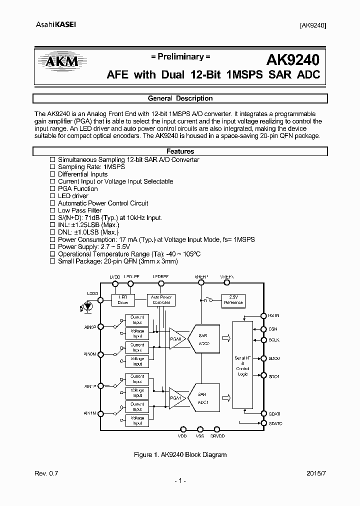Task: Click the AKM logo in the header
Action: coord(59,61)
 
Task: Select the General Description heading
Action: coord(180,98)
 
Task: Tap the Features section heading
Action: coord(180,151)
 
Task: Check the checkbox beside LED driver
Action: coord(52,196)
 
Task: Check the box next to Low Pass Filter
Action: coord(52,210)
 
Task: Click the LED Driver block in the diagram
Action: coord(123,300)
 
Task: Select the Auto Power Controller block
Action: coord(161,300)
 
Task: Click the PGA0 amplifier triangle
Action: coord(176,338)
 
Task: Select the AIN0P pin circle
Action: coord(100,326)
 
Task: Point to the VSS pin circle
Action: coord(200,429)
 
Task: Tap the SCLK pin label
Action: coord(274,340)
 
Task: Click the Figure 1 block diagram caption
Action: coord(180,454)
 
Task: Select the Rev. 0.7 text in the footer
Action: coord(44,472)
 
